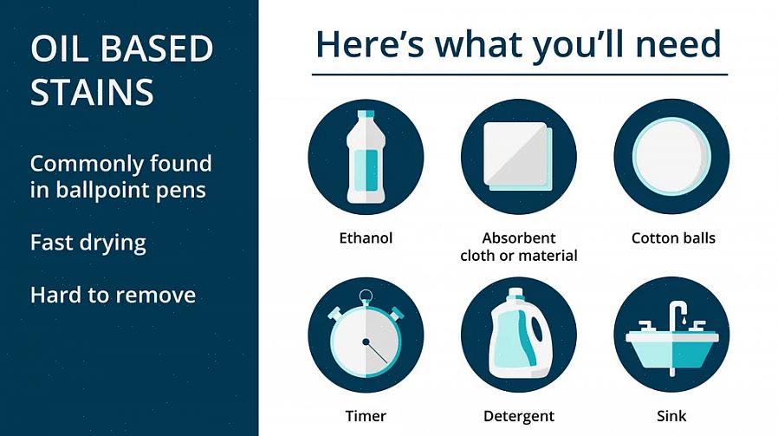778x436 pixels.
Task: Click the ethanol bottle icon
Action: pos(366,157)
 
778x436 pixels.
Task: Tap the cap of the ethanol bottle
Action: pos(366,114)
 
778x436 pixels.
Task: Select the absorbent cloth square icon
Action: pos(518,156)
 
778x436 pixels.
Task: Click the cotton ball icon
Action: pos(671,157)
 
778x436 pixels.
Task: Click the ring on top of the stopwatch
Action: pos(366,296)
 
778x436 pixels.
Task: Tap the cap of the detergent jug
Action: pos(516,293)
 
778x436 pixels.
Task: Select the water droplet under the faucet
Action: pos(684,322)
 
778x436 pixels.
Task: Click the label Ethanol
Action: pos(366,238)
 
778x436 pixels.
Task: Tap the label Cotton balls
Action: pos(673,238)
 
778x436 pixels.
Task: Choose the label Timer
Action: pos(366,416)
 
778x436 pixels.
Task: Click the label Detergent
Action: pos(518,416)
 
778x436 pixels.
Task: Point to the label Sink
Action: pos(671,416)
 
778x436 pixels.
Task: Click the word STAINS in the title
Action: pos(92,92)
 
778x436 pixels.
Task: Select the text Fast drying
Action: pos(88,243)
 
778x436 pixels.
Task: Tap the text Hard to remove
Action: pos(113,295)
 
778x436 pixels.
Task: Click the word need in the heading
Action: pos(678,43)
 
